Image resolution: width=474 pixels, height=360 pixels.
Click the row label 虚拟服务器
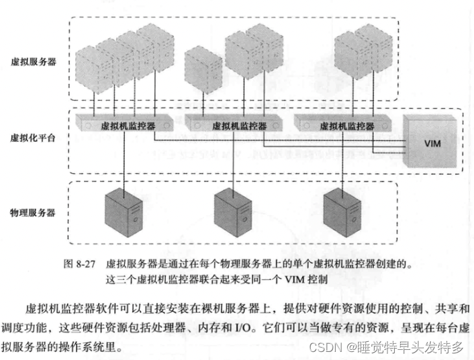(x=34, y=61)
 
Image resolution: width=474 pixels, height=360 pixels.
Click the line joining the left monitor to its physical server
(x=124, y=161)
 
